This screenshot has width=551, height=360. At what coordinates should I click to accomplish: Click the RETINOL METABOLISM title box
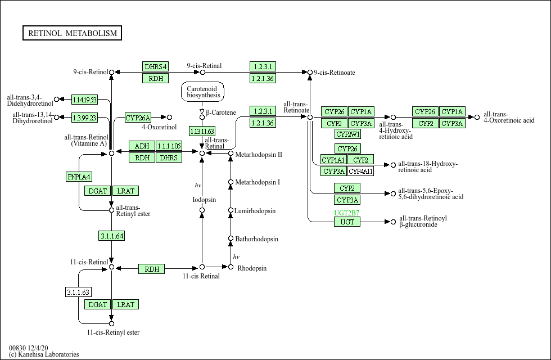pos(72,33)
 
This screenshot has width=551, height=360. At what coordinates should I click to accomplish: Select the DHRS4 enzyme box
pos(156,66)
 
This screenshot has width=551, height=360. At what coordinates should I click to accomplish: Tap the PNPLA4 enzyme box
pos(79,177)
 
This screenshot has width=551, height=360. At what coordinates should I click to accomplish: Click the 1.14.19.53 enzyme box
pos(84,100)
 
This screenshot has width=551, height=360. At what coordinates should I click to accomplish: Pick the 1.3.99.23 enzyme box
pos(84,118)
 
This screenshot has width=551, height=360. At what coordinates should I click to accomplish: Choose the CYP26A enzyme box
pos(138,118)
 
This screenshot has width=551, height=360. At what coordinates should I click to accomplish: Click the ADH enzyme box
pos(142,146)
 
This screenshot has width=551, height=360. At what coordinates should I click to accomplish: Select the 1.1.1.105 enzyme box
pos(169,146)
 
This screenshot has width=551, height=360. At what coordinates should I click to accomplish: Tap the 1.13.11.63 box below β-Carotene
pos(202,132)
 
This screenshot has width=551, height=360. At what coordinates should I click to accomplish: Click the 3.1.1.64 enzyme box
pos(112,236)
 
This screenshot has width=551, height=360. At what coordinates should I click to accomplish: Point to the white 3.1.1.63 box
pos(78,292)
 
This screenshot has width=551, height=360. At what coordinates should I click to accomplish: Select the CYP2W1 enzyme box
pos(347,134)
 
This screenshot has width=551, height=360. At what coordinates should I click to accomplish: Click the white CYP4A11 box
pos(360,171)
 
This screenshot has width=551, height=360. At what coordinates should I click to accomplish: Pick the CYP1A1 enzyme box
pos(333,160)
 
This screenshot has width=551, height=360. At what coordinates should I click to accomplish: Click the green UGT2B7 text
pos(347,213)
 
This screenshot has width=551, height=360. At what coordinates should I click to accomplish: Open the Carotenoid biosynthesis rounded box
pos(202,92)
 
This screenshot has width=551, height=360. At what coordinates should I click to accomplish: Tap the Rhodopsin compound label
pos(252,268)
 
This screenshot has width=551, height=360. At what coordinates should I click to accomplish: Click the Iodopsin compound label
pos(204,200)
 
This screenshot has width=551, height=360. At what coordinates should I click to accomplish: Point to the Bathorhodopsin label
pos(256,239)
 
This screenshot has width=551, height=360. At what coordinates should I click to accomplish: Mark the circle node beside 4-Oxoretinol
pos(169,117)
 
